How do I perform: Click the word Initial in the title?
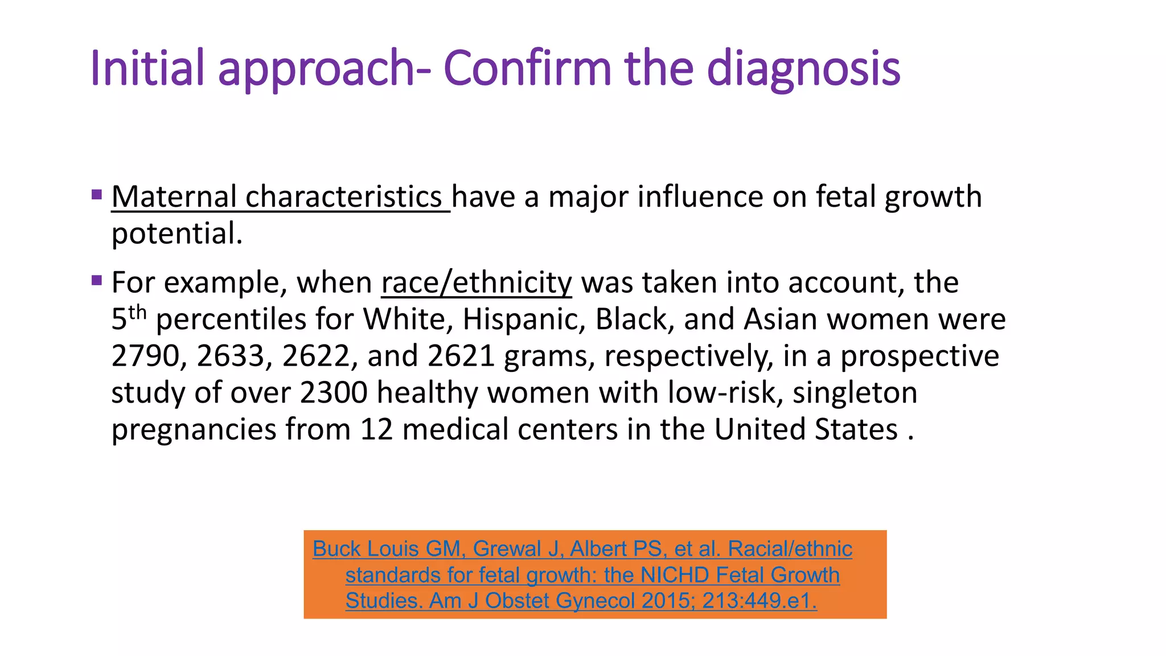pyautogui.click(x=147, y=68)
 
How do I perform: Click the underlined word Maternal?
pyautogui.click(x=174, y=197)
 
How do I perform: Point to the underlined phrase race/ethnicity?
pyautogui.click(x=477, y=283)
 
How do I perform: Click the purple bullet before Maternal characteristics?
pyautogui.click(x=97, y=195)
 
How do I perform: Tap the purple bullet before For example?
pyautogui.click(x=97, y=280)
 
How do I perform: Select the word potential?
pyautogui.click(x=176, y=234)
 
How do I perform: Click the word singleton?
pyautogui.click(x=855, y=393)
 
